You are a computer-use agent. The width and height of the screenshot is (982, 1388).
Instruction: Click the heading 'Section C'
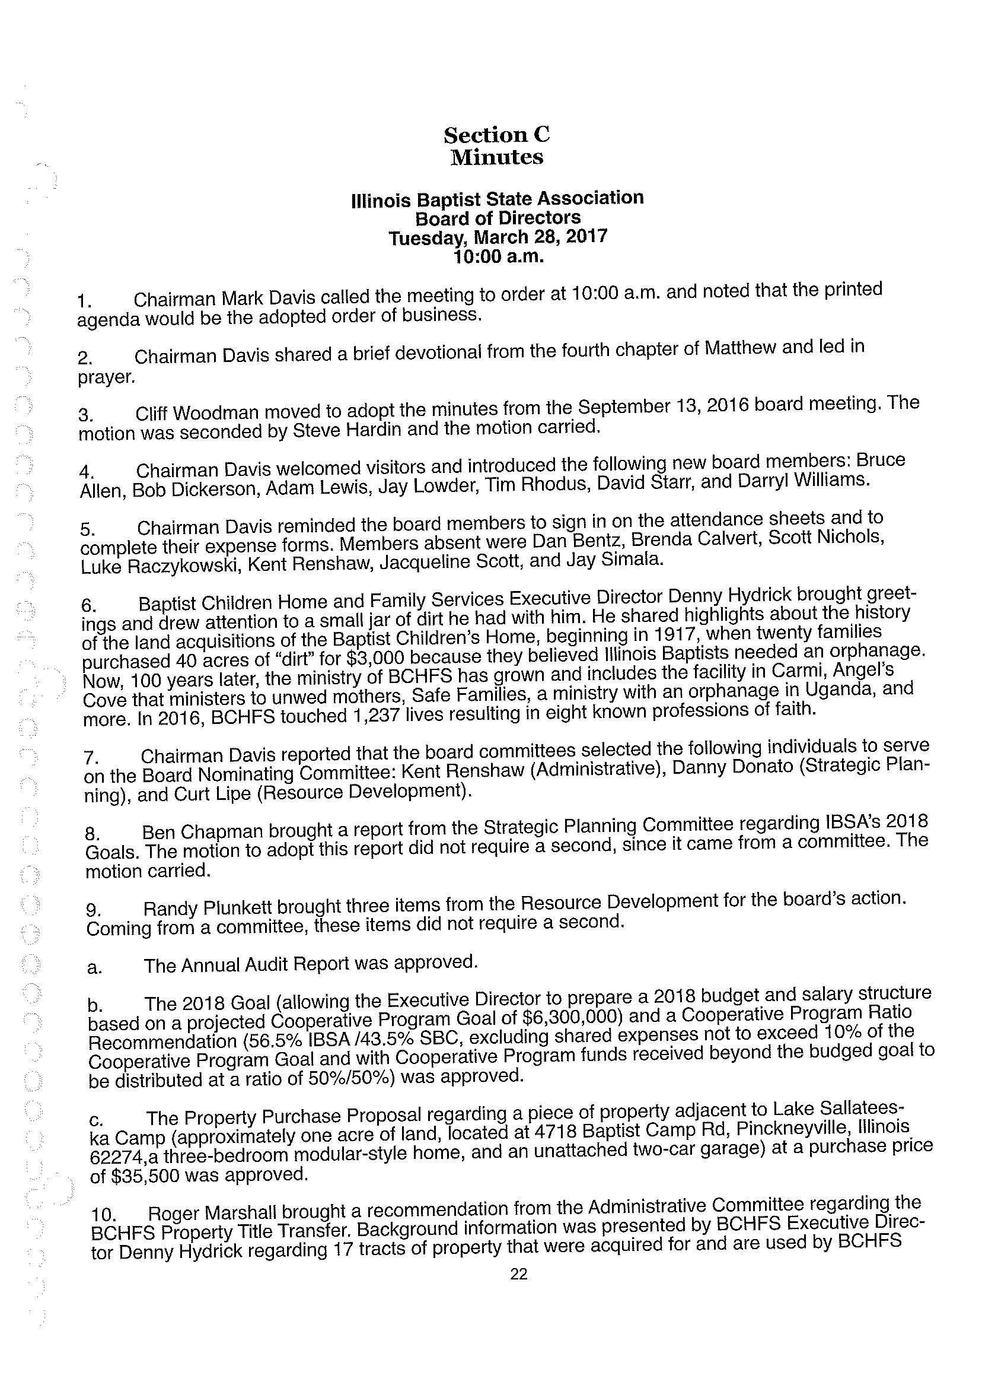pos(496,134)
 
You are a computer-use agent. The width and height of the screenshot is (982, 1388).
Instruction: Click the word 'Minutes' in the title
pos(497,157)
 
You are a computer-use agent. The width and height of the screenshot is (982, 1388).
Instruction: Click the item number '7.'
pos(91,758)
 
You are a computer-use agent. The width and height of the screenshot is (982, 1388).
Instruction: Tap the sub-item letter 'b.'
pos(94,1006)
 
